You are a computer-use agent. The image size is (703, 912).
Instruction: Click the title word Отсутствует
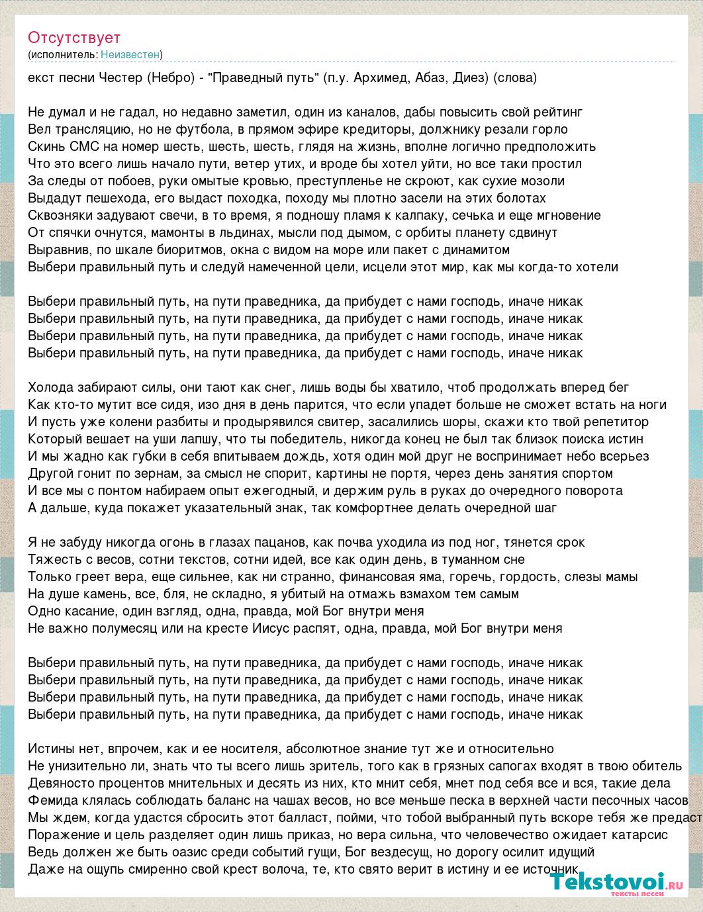coord(74,38)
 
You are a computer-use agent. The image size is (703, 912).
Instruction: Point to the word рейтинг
coord(559,113)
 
